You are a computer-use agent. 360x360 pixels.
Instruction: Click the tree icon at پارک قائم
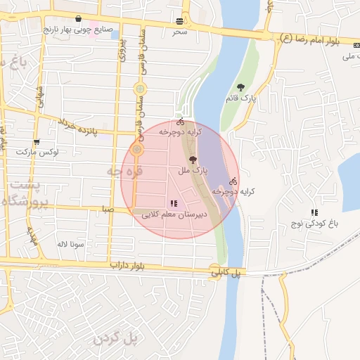pyautogui.click(x=241, y=88)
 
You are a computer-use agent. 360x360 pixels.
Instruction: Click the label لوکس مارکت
pyautogui.click(x=37, y=152)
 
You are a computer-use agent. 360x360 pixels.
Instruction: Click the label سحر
pyautogui.click(x=181, y=32)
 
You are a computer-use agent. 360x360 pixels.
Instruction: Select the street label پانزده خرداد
pyautogui.click(x=86, y=127)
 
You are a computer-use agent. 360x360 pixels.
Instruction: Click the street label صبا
pyautogui.click(x=108, y=208)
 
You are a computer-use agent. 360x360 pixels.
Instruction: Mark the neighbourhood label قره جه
pyautogui.click(x=124, y=171)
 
